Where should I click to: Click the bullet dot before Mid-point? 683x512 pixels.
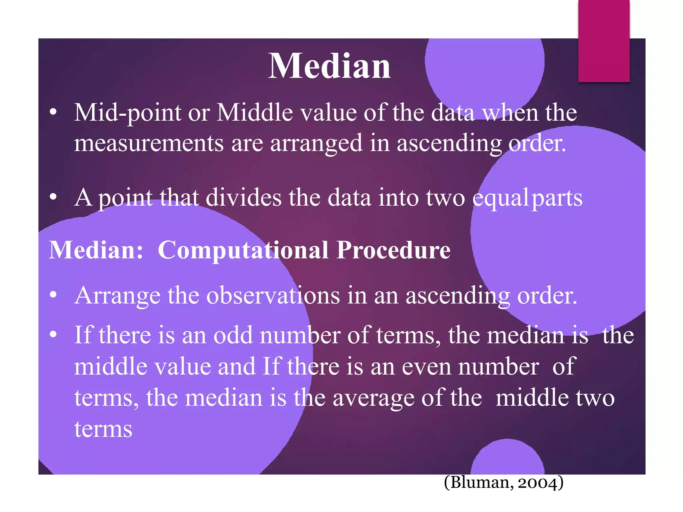tap(53, 112)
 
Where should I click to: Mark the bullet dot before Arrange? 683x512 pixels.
tap(53, 295)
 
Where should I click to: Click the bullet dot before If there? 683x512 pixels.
tap(53, 334)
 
